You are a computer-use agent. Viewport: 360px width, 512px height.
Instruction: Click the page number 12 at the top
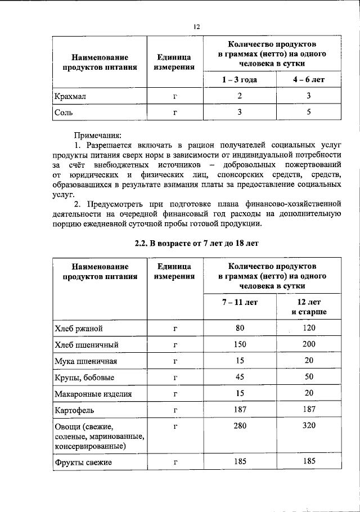pyautogui.click(x=197, y=26)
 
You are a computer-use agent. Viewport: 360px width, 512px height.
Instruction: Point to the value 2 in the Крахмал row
pyautogui.click(x=240, y=96)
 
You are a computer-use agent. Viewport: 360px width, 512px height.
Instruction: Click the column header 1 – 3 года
pyautogui.click(x=240, y=79)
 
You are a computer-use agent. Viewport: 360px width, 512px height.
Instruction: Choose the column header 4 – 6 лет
pyautogui.click(x=309, y=79)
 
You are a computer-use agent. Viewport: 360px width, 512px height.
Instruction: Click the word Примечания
pyautogui.click(x=97, y=136)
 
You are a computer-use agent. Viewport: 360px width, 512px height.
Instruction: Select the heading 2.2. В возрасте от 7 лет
pyautogui.click(x=196, y=243)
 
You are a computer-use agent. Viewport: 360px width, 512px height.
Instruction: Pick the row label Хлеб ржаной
pyautogui.click(x=78, y=328)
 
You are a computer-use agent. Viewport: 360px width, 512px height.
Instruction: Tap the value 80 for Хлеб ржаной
pyautogui.click(x=240, y=327)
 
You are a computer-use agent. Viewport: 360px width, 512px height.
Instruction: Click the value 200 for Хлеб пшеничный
pyautogui.click(x=309, y=344)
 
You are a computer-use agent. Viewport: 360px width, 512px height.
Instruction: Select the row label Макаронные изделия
pyautogui.click(x=93, y=393)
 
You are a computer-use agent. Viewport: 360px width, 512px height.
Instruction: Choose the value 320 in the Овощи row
pyautogui.click(x=309, y=426)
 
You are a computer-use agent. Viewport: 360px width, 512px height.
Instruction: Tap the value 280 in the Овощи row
pyautogui.click(x=240, y=426)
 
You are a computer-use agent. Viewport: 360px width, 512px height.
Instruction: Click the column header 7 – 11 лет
pyautogui.click(x=240, y=302)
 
